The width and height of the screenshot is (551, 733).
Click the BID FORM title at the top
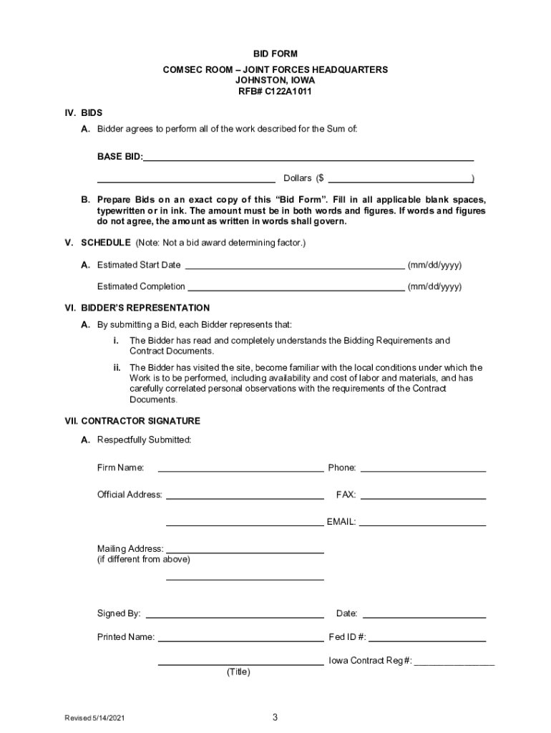click(275, 54)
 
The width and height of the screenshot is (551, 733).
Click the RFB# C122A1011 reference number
click(275, 92)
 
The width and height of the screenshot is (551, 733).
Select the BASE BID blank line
click(308, 156)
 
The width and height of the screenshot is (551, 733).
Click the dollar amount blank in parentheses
click(399, 178)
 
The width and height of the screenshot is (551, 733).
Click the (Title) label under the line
click(238, 672)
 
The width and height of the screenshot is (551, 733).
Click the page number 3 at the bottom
click(275, 717)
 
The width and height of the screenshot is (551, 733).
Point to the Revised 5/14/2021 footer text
click(97, 718)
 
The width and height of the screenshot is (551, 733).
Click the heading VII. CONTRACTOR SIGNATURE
click(132, 421)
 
